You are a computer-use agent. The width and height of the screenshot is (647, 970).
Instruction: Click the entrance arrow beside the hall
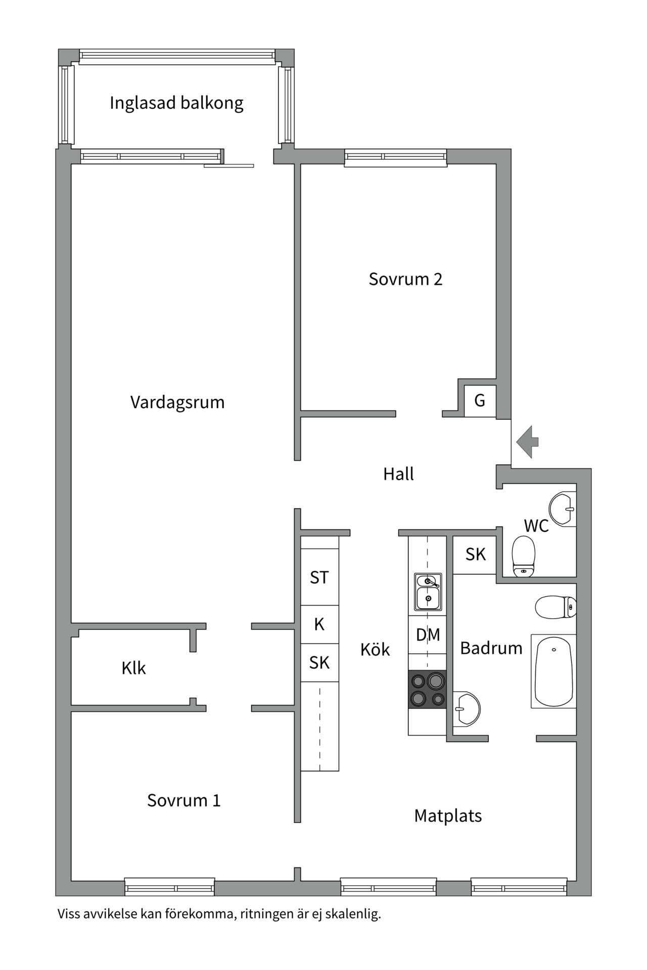[527, 442]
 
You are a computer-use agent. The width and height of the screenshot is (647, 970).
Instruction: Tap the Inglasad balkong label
[176, 103]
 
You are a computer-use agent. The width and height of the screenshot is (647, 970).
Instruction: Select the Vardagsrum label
[177, 402]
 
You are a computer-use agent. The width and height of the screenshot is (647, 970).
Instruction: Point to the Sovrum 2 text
[405, 279]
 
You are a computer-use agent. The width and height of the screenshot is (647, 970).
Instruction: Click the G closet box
[480, 401]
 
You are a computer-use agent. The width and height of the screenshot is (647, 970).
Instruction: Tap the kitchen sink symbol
[428, 592]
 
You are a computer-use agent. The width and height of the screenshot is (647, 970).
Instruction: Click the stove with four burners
[428, 689]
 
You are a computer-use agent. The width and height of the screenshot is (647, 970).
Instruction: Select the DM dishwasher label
[428, 635]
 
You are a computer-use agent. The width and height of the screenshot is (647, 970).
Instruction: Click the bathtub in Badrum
[554, 671]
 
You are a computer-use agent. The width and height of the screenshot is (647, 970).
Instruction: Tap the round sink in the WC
[562, 509]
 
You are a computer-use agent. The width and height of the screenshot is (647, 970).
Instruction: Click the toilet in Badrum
[555, 607]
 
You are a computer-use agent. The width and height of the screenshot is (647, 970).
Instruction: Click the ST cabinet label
[319, 577]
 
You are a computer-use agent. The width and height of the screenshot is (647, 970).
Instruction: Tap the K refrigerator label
[319, 624]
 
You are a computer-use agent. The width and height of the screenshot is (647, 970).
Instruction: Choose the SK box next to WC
[475, 554]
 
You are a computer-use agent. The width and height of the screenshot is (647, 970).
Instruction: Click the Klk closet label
[133, 668]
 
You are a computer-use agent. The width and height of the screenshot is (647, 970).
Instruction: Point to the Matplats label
[448, 815]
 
